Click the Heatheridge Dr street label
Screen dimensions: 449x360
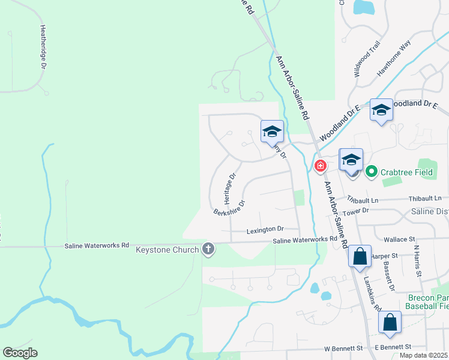[x=43, y=47]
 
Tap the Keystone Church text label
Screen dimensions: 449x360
[x=167, y=250]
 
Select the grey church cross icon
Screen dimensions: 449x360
[x=208, y=249]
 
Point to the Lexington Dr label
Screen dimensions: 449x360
[x=265, y=229]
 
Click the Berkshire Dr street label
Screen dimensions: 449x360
[x=229, y=207]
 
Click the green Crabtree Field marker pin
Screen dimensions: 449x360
[x=371, y=172]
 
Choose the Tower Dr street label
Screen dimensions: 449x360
[x=356, y=211]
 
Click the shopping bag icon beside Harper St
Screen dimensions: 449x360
[x=360, y=256]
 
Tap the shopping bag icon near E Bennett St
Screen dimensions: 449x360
[x=390, y=322]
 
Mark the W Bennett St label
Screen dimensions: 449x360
[x=343, y=348]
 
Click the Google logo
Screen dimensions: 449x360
[x=20, y=353]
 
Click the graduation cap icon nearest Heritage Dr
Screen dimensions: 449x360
[x=272, y=130]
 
